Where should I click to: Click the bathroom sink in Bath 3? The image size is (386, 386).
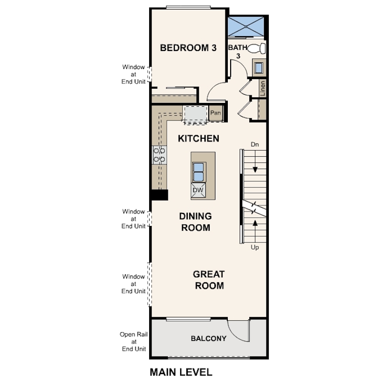tap(259, 67)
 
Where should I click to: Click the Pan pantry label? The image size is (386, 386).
tap(215, 113)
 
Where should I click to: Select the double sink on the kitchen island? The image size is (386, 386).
tap(198, 170)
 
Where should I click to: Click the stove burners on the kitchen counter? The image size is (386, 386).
tap(159, 154)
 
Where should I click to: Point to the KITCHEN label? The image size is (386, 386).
tap(198, 139)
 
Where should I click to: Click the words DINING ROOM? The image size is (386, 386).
tap(195, 222)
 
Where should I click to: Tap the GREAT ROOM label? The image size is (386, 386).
tap(208, 280)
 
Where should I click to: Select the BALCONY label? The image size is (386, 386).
tap(208, 339)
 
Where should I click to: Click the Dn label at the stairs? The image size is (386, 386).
tap(255, 144)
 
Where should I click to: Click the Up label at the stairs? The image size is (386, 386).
tap(255, 248)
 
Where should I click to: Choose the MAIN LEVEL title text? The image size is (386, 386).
tap(181, 372)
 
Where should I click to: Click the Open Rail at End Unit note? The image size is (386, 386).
tap(134, 341)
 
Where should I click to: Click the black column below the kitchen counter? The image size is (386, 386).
tap(159, 194)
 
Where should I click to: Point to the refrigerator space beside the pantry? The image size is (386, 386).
tap(195, 114)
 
